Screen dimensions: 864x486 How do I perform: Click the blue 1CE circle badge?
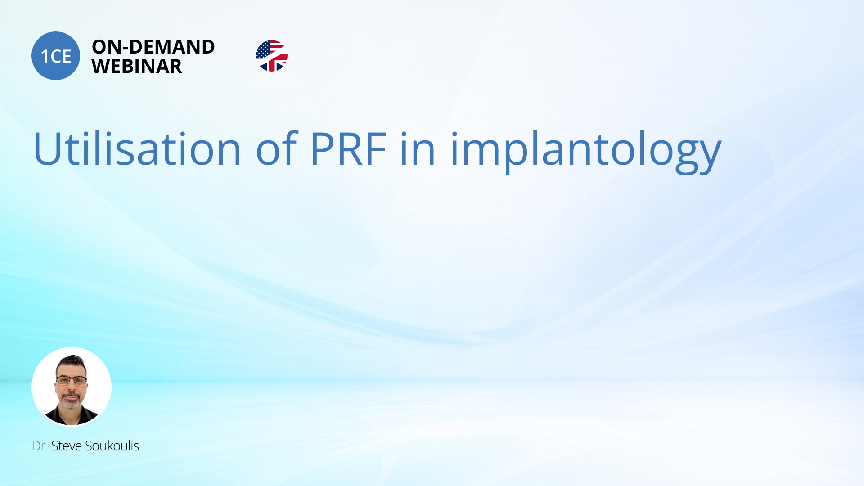pyautogui.click(x=56, y=56)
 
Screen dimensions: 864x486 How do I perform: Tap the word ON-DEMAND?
pyautogui.click(x=153, y=47)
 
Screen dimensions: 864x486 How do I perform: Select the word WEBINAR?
pyautogui.click(x=137, y=66)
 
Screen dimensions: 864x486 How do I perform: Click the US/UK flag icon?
pyautogui.click(x=272, y=56)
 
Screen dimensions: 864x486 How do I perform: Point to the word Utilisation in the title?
pyautogui.click(x=137, y=148)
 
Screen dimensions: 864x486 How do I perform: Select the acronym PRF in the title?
pyautogui.click(x=348, y=149)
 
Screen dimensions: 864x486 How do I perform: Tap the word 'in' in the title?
pyautogui.click(x=418, y=148)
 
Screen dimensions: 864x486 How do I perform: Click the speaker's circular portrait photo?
pyautogui.click(x=72, y=387)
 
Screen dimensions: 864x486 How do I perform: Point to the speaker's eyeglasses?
pyautogui.click(x=71, y=380)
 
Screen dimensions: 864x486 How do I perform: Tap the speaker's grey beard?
pyautogui.click(x=71, y=400)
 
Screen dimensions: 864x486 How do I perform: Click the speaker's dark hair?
pyautogui.click(x=71, y=362)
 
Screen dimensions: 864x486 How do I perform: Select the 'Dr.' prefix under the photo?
pyautogui.click(x=40, y=446)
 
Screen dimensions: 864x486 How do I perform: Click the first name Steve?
pyautogui.click(x=67, y=446)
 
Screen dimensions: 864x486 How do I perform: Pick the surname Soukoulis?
pyautogui.click(x=112, y=446)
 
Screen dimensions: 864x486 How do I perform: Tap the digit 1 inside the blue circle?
pyautogui.click(x=45, y=57)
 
